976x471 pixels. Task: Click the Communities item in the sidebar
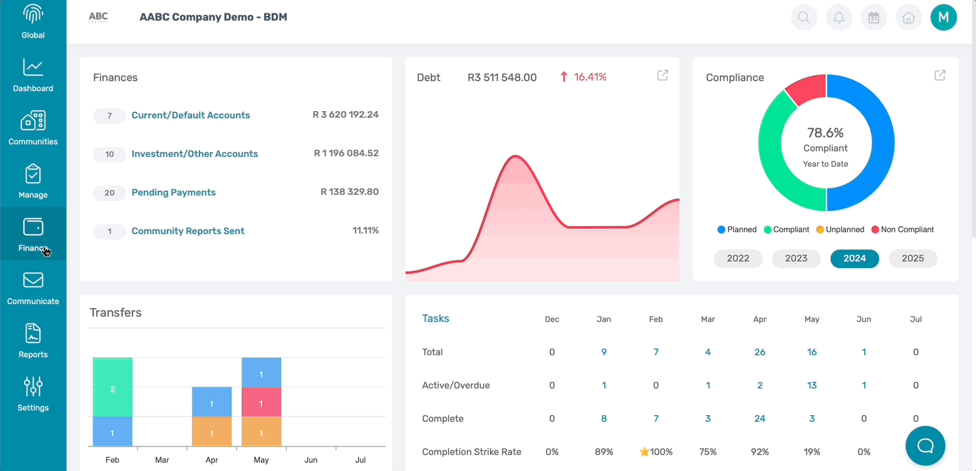point(33,128)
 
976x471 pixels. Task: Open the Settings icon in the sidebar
point(33,394)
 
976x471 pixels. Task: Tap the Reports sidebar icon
point(33,341)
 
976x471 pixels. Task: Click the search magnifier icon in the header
point(804,17)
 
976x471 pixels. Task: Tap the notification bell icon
point(839,17)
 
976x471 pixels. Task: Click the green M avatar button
point(943,17)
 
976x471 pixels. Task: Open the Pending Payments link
point(174,192)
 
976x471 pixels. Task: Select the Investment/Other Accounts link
point(195,154)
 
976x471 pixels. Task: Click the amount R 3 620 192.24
point(346,114)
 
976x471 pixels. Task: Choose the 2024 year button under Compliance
point(854,259)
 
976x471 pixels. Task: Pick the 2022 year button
point(738,259)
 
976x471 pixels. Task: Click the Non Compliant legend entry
point(902,230)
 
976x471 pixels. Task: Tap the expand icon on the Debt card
point(663,76)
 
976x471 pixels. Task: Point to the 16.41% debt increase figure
point(590,77)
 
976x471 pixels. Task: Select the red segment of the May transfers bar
point(261,404)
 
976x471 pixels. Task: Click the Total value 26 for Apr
point(760,352)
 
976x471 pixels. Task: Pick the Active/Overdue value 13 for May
point(812,385)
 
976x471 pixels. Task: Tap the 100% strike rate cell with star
point(656,452)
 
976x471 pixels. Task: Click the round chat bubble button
point(925,446)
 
